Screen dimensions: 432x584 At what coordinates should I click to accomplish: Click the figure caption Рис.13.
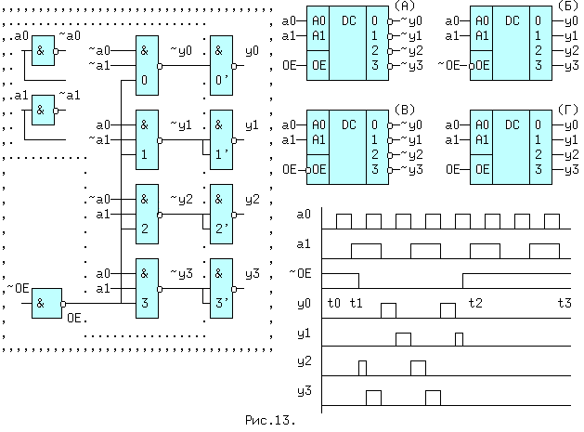270,421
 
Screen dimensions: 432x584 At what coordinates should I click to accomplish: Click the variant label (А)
405,7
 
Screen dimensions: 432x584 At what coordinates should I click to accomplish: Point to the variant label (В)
405,111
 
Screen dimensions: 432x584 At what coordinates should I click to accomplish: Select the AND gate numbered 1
147,138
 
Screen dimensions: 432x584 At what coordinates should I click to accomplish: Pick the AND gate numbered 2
147,213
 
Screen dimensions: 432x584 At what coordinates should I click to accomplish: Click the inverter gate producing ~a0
43,52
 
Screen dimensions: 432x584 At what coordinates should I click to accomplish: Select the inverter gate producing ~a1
43,111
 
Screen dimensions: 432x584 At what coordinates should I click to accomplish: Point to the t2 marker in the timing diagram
475,303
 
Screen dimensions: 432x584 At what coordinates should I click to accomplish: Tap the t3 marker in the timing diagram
564,303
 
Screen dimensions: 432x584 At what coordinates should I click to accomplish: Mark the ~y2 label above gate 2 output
180,199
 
